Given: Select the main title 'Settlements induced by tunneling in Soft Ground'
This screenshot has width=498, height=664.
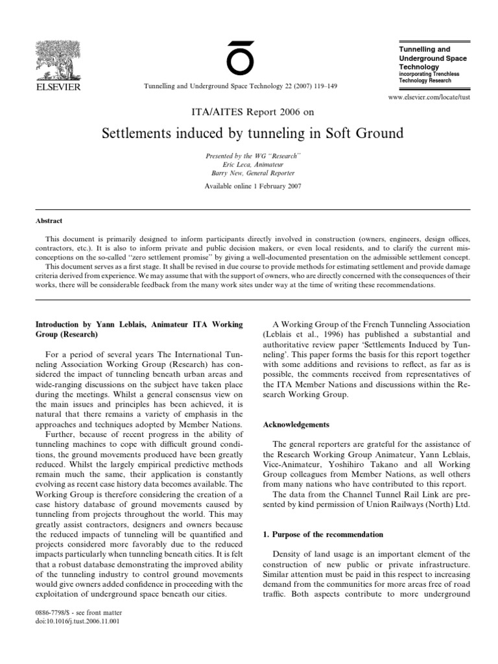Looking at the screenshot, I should click(253, 134).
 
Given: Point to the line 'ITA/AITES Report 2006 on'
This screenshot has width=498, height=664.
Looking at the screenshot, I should click(249, 111).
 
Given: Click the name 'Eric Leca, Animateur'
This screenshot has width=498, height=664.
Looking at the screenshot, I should click(249, 165).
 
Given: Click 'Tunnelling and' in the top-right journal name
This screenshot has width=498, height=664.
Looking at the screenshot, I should click(423, 50).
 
